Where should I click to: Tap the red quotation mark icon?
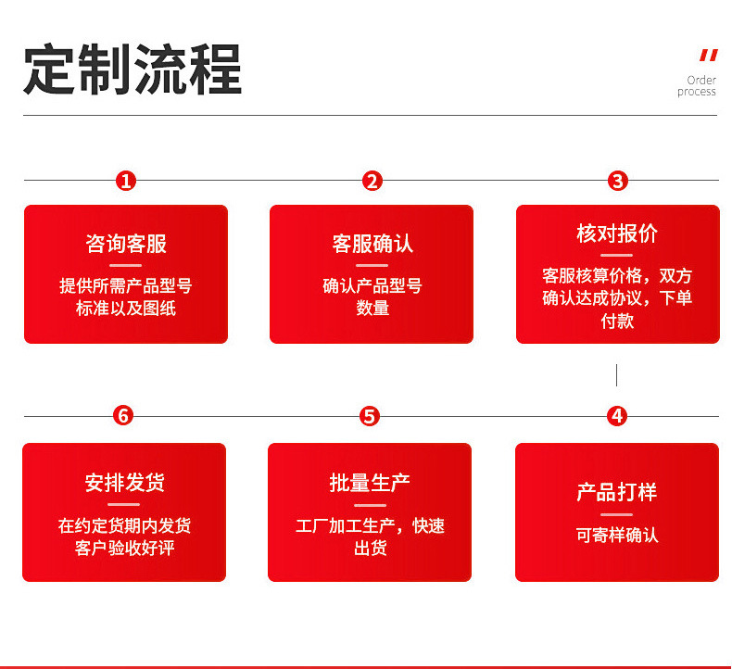point(708,56)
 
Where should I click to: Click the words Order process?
point(698,86)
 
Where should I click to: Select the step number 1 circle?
point(126,181)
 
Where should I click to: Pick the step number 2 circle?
point(372,181)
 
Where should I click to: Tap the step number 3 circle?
point(617,181)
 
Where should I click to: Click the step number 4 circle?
point(617,416)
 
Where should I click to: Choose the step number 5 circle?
point(370,416)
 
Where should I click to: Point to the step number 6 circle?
point(123,416)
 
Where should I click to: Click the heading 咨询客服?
point(126,244)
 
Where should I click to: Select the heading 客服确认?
point(372,244)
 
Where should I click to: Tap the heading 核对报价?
point(617,234)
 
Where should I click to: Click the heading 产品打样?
point(617,492)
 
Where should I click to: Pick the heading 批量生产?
point(370,483)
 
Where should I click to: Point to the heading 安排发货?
point(124,483)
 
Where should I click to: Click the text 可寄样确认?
point(617,536)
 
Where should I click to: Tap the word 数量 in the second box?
point(372,309)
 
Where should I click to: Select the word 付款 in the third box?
point(617,321)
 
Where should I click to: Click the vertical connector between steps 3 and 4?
point(616,374)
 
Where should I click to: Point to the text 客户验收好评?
point(124,549)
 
